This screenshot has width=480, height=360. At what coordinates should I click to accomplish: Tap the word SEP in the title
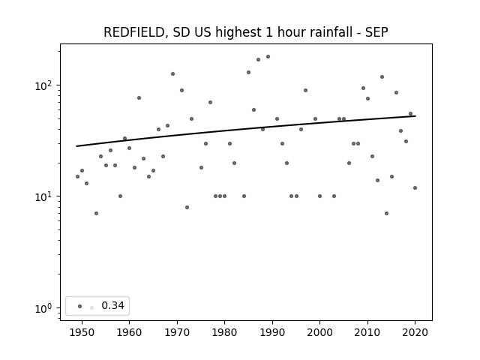click(376, 32)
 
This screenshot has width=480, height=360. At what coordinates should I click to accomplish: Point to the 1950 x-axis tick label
click(82, 332)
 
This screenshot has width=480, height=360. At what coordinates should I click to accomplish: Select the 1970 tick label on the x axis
click(177, 332)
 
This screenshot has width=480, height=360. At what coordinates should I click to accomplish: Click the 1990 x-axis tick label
click(272, 332)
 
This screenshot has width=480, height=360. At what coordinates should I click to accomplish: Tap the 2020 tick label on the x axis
click(415, 332)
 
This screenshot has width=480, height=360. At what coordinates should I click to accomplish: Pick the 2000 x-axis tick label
click(320, 332)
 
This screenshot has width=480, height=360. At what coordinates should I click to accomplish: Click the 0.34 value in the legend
click(112, 305)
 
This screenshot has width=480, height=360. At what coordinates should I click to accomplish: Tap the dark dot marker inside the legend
click(80, 306)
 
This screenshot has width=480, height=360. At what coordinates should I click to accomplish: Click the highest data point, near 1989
click(268, 57)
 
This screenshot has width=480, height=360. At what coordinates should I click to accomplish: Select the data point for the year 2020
click(415, 188)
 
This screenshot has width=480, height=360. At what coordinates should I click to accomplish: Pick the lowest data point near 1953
click(97, 213)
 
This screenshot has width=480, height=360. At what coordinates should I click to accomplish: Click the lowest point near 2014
click(387, 213)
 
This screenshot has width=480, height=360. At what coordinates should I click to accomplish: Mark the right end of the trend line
click(415, 116)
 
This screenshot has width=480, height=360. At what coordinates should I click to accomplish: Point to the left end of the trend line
click(76, 146)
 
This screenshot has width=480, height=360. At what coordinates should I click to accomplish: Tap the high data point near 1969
click(173, 73)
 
